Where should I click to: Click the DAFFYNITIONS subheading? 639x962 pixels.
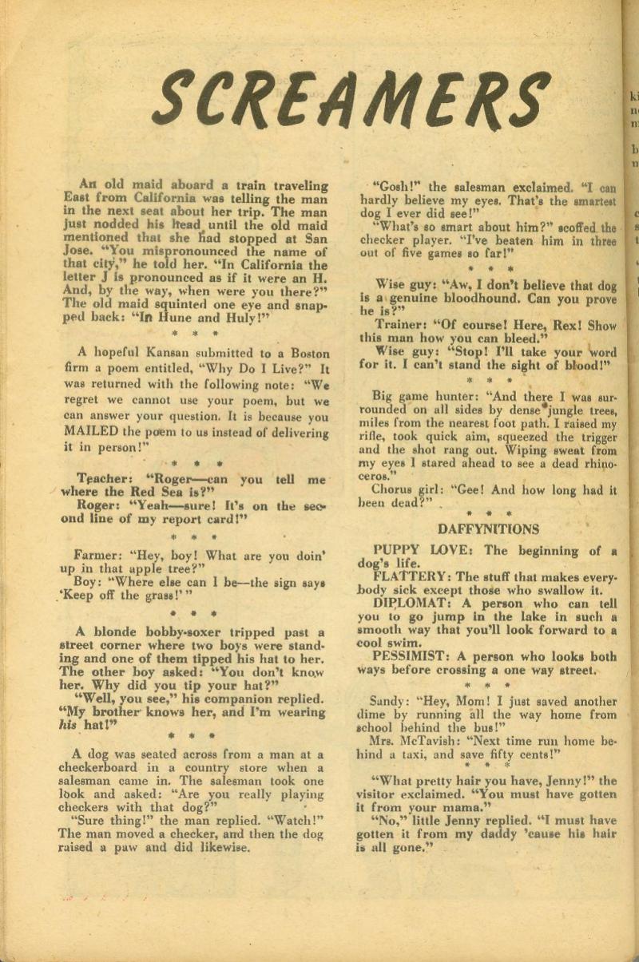478,529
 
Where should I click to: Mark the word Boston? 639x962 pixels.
308,350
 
